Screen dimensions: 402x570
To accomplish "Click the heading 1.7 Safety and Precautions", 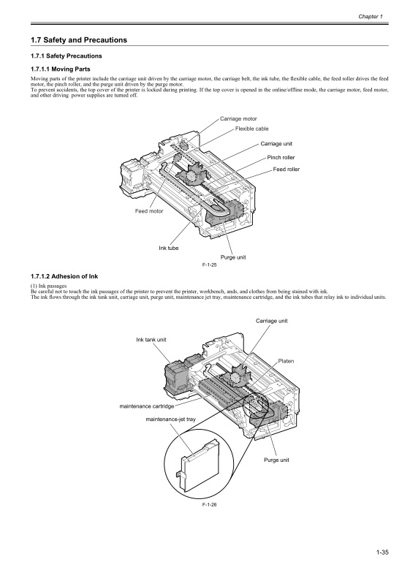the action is click(79, 40).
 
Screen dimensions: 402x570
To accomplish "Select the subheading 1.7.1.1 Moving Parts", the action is click(61, 69).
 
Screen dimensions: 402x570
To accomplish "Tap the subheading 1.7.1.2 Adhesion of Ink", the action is click(64, 276).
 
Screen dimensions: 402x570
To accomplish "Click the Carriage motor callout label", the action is click(238, 119).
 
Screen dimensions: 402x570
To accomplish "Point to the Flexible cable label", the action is click(252, 129).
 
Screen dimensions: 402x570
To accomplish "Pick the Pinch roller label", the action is click(281, 157).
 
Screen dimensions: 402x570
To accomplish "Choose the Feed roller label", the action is click(287, 169).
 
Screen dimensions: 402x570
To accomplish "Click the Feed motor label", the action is click(149, 211).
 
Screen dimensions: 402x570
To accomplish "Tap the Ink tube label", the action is click(169, 248).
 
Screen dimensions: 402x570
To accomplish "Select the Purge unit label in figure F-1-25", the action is click(233, 257).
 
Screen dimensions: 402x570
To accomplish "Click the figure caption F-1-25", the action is click(209, 265).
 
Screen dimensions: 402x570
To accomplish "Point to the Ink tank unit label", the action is click(151, 340).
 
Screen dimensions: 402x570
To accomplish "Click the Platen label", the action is click(286, 361).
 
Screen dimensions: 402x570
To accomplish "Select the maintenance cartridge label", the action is click(147, 406).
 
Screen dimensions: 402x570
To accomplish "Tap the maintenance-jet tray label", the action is click(171, 419).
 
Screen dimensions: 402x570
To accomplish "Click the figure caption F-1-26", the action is click(209, 504).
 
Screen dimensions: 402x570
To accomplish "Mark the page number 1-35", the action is click(382, 552).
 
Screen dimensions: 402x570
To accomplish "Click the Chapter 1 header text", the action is click(371, 17).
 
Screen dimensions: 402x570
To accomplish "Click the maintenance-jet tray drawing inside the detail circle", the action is click(200, 463).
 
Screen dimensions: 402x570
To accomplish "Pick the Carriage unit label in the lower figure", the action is click(271, 321).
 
